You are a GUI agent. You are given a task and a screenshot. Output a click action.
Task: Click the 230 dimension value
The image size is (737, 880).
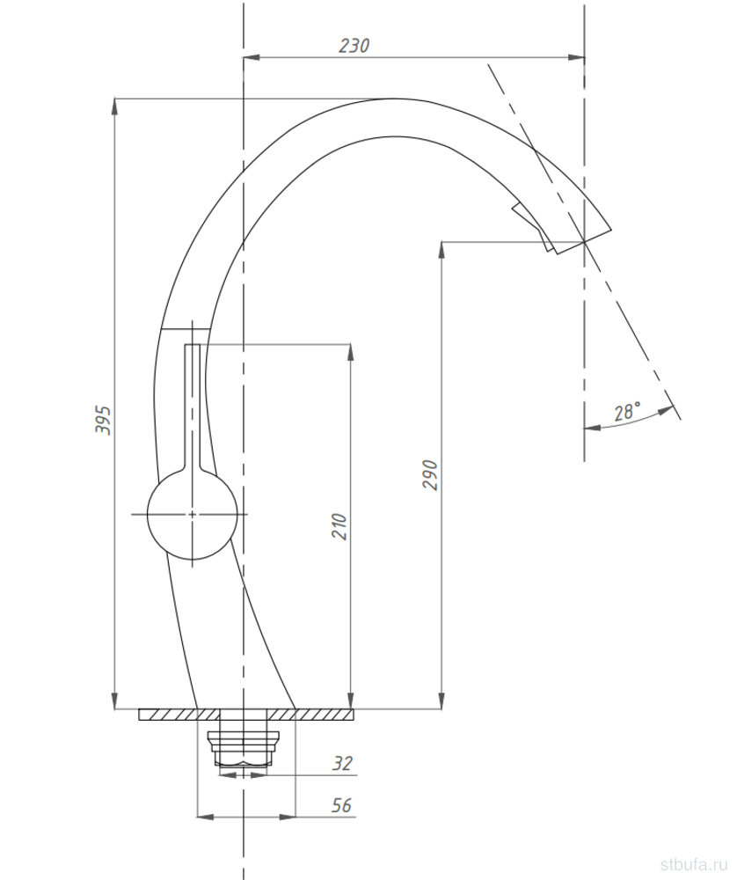tap(354, 46)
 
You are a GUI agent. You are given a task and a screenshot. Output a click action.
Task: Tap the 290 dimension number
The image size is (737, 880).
tap(430, 475)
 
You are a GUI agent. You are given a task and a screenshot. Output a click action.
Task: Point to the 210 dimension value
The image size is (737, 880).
tap(339, 526)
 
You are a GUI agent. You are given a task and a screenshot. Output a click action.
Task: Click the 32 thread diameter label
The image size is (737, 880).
tap(342, 763)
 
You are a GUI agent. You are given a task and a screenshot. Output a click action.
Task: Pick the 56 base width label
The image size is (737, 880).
tap(341, 805)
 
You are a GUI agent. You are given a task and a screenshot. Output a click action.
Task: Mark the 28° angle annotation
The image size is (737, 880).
tap(627, 412)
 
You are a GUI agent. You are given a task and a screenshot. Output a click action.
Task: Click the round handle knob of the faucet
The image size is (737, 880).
tap(192, 514)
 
